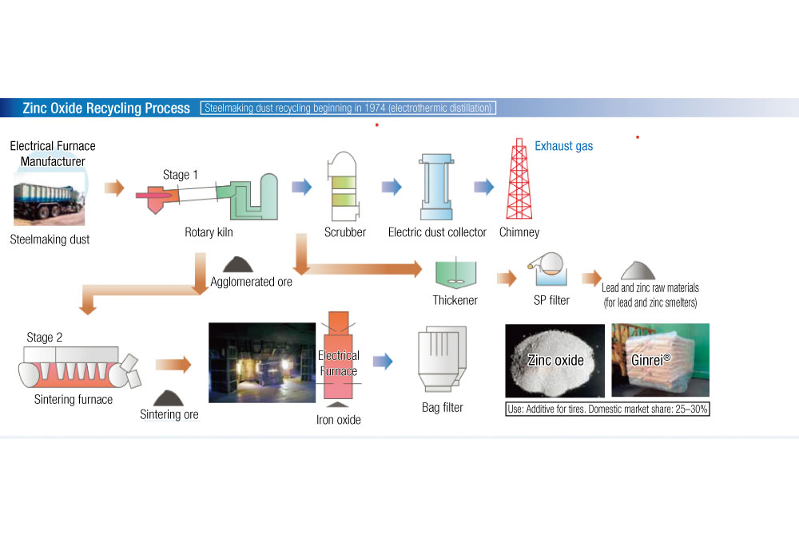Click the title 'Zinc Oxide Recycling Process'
click(106, 109)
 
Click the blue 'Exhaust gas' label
click(563, 147)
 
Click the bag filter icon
click(442, 362)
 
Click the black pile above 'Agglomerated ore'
click(239, 264)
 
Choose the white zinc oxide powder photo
click(555, 360)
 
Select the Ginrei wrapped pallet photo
click(660, 360)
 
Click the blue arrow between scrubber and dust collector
click(392, 188)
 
